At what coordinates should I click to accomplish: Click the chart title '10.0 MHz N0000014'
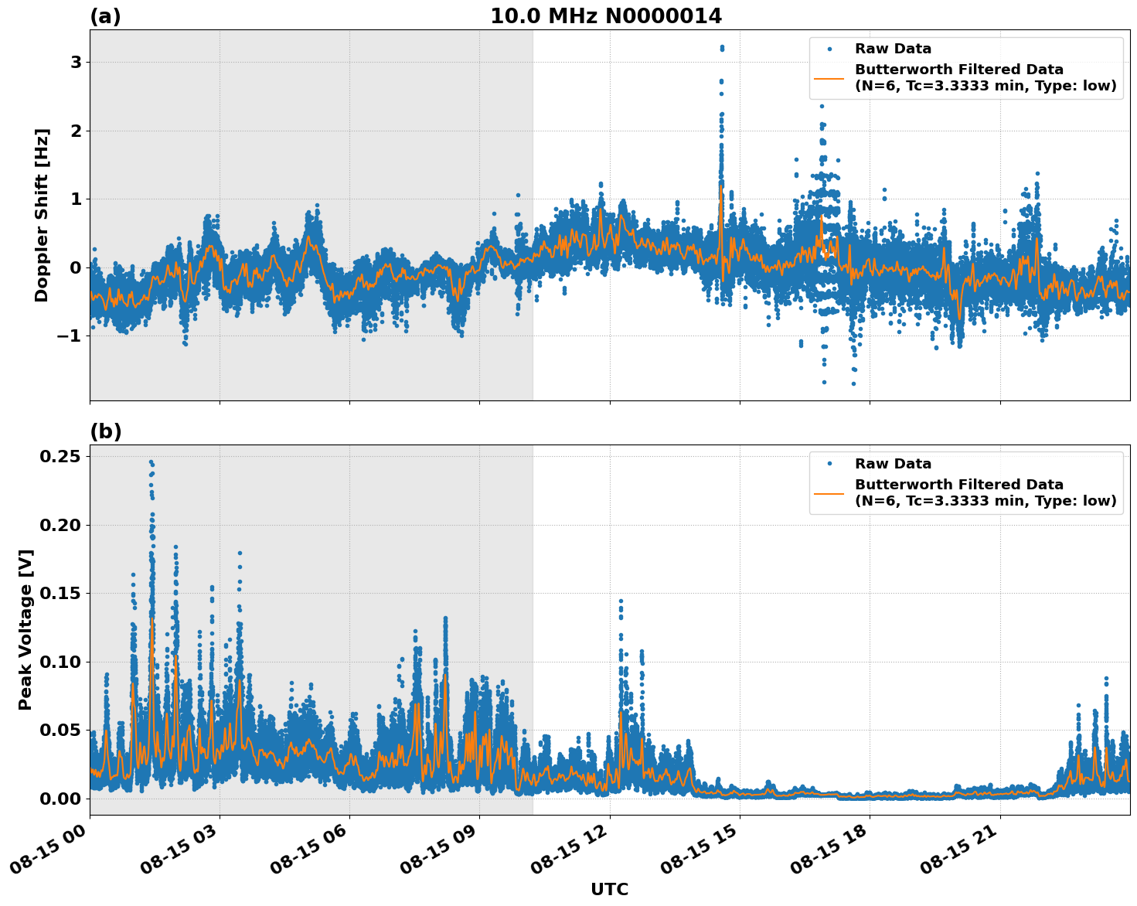click(x=606, y=16)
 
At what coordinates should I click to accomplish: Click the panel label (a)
click(x=105, y=16)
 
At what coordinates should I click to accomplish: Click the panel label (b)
click(x=105, y=431)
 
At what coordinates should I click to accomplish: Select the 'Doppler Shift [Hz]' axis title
click(x=42, y=215)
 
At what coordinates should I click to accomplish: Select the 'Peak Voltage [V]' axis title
click(x=26, y=629)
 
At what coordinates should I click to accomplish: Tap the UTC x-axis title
click(x=609, y=889)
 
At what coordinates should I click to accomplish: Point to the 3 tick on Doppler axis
click(x=76, y=63)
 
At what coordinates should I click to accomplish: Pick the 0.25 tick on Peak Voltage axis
click(x=60, y=457)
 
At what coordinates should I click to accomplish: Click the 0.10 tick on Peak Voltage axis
click(x=60, y=662)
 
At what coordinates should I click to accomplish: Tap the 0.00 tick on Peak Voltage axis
click(x=60, y=799)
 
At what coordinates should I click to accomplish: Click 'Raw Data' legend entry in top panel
click(x=893, y=49)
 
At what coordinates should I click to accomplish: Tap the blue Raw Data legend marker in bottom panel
click(x=829, y=464)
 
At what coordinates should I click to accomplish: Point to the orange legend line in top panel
click(x=829, y=78)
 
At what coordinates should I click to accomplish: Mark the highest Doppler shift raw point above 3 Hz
click(x=722, y=47)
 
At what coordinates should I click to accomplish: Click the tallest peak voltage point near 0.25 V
click(x=151, y=462)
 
